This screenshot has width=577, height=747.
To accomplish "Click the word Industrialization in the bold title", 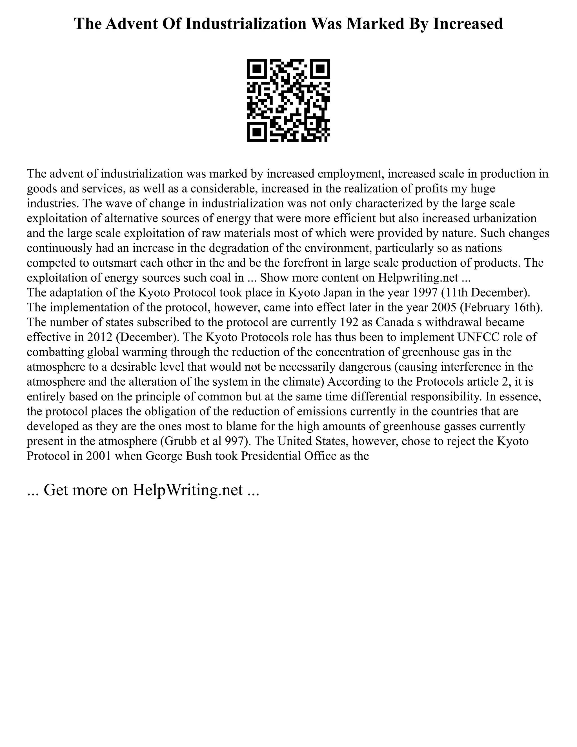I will (x=245, y=24).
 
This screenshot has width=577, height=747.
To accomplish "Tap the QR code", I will (x=288, y=100).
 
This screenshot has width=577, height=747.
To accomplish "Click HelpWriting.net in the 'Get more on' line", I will (x=188, y=490).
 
